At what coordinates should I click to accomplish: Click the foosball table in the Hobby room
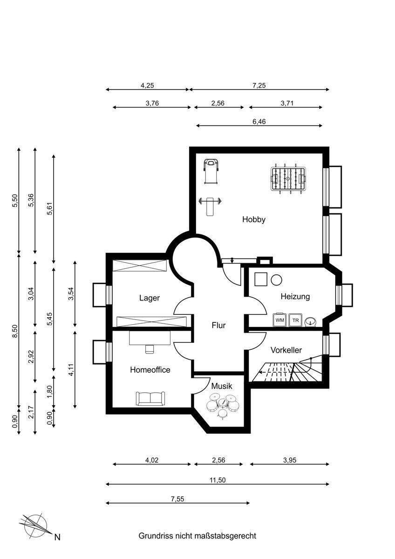tap(288, 178)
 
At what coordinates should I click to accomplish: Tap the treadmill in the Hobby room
tap(211, 171)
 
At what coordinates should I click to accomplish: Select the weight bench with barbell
tap(210, 206)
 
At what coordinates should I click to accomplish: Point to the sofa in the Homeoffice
tap(150, 399)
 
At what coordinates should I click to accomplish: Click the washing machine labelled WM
tap(280, 320)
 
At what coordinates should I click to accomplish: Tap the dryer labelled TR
tap(295, 320)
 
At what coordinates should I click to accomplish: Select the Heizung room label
tap(295, 296)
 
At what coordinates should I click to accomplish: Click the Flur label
tap(218, 326)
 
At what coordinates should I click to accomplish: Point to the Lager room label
tap(150, 298)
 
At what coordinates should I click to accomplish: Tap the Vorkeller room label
tap(286, 350)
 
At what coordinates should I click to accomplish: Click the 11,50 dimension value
tap(218, 480)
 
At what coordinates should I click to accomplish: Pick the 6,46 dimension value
tap(259, 122)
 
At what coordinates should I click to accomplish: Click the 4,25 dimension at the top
tap(147, 86)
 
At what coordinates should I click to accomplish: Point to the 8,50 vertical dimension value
tap(15, 331)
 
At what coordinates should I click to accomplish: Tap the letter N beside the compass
tap(57, 537)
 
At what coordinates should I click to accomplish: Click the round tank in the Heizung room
tap(277, 280)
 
